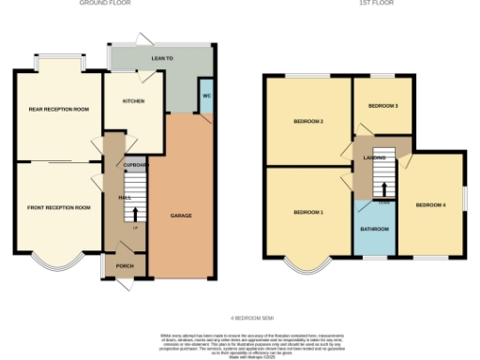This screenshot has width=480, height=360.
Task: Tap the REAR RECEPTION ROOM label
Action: pyautogui.click(x=58, y=110)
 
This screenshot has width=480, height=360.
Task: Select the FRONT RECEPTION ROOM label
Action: pyautogui.click(x=58, y=207)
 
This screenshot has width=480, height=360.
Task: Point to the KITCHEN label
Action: pyautogui.click(x=133, y=100)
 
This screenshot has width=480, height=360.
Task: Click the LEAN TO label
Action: pyautogui.click(x=163, y=58)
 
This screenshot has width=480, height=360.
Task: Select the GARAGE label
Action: pyautogui.click(x=181, y=216)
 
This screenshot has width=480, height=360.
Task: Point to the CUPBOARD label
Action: pyautogui.click(x=136, y=164)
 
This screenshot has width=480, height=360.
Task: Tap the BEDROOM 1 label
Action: pyautogui.click(x=308, y=213)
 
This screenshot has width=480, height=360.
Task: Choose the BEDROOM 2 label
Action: pyautogui.click(x=308, y=121)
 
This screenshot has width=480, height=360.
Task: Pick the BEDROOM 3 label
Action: pyautogui.click(x=383, y=106)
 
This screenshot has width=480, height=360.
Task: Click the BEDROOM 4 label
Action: pyautogui.click(x=430, y=204)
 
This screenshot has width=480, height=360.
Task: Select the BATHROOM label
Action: pyautogui.click(x=375, y=229)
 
